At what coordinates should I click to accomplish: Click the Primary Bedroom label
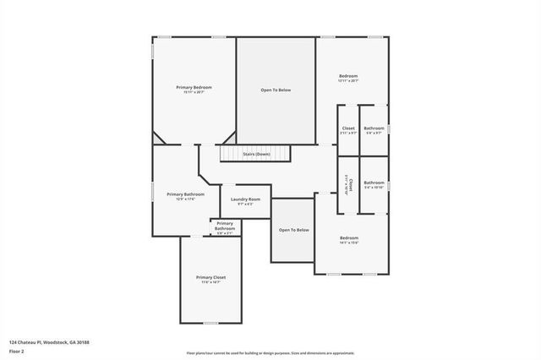(194, 88)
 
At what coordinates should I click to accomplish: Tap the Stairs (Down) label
(256, 155)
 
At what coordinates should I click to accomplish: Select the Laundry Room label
(245, 199)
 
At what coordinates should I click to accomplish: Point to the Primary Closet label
(210, 277)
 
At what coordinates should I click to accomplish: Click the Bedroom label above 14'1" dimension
(349, 237)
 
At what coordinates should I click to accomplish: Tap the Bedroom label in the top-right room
(347, 76)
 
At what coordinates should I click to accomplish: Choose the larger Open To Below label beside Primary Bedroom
(276, 90)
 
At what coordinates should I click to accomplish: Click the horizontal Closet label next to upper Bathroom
(348, 128)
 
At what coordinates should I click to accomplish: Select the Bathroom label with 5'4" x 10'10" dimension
(374, 183)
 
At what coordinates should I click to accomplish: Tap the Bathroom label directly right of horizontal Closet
(374, 128)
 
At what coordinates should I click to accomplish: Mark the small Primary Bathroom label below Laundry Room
(225, 226)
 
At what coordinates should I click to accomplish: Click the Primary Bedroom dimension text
(194, 92)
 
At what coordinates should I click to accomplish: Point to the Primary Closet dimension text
(210, 282)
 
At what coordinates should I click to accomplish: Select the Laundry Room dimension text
(245, 204)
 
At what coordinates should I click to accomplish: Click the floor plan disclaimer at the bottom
(270, 353)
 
